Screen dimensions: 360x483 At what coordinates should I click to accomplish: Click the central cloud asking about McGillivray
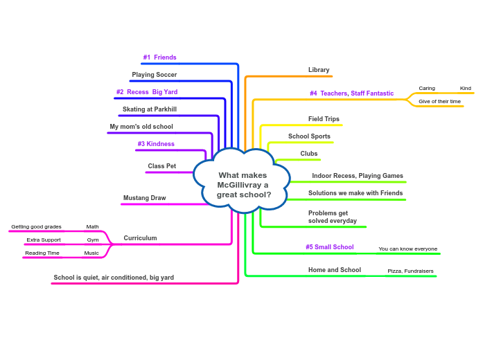[x=242, y=184]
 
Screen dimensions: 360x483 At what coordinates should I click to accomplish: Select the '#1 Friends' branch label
[x=159, y=57]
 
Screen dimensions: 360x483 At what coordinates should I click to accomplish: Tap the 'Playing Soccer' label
[x=154, y=75]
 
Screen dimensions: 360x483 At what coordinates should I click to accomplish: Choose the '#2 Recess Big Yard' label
[x=146, y=92]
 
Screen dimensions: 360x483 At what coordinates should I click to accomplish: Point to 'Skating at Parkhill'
[x=149, y=109]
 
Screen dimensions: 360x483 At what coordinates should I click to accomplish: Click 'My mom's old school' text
[x=141, y=127]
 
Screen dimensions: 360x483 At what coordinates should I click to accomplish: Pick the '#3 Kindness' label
[x=156, y=144]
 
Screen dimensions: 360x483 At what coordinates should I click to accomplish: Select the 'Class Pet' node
[x=161, y=166]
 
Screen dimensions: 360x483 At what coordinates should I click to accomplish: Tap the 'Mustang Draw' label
[x=144, y=198]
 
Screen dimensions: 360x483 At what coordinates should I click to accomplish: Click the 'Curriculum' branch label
[x=140, y=238]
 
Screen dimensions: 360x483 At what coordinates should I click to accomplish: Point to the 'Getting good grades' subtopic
[x=36, y=226]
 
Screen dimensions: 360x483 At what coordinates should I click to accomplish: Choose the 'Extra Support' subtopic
[x=44, y=240]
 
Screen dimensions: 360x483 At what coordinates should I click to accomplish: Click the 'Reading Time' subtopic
[x=42, y=253]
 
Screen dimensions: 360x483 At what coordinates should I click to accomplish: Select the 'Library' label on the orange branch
[x=319, y=70]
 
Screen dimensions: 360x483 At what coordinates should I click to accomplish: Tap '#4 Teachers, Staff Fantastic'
[x=351, y=93]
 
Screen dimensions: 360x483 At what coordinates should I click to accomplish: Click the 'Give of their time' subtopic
[x=439, y=101]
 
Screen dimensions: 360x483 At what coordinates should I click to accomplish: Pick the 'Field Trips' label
[x=324, y=119]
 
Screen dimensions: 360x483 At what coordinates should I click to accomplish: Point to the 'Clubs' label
[x=309, y=154]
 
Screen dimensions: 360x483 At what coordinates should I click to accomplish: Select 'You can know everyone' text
[x=407, y=249]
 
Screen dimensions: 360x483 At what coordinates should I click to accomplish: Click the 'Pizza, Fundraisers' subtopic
[x=410, y=271]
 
